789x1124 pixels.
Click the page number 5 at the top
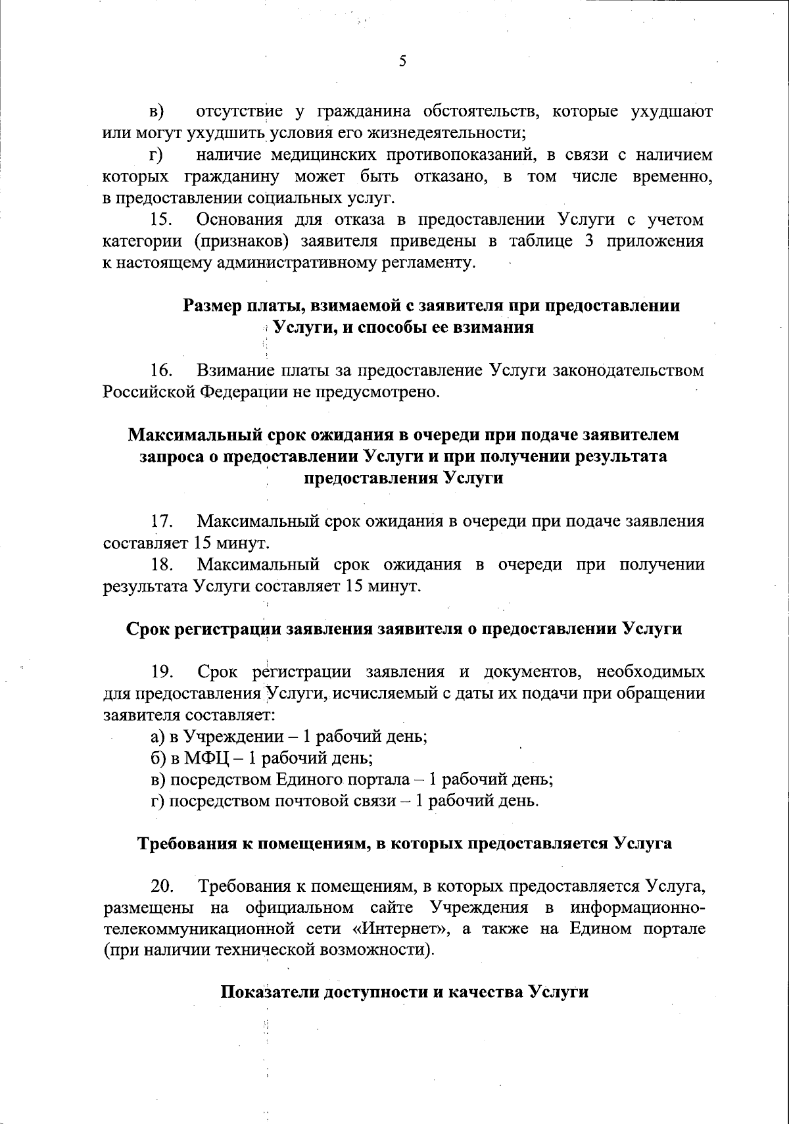pos(402,61)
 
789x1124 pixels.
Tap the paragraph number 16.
pos(162,371)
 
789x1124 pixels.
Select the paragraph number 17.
pos(162,522)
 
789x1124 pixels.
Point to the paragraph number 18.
pos(162,565)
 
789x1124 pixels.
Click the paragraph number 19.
pos(162,672)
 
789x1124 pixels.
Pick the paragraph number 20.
pos(162,887)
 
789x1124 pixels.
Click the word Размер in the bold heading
pos(212,306)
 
